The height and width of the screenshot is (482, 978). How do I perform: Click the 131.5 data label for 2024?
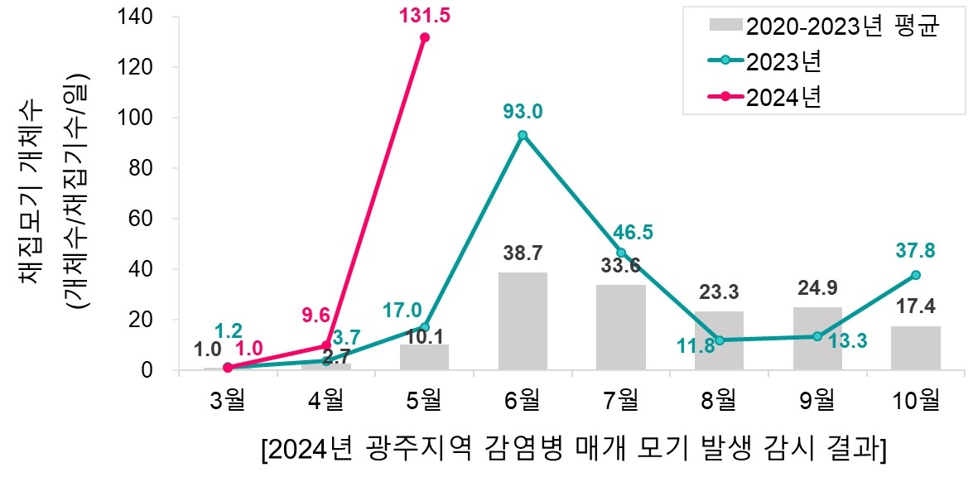(x=424, y=17)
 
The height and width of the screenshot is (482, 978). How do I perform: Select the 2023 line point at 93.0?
(x=523, y=135)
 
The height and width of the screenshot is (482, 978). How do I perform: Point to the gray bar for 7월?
(x=621, y=327)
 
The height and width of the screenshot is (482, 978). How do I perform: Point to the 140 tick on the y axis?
(x=143, y=17)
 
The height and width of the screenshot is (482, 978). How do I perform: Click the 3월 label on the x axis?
(x=228, y=402)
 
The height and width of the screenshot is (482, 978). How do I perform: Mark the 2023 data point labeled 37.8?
(x=916, y=275)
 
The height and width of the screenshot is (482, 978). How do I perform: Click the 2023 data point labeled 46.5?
(x=621, y=253)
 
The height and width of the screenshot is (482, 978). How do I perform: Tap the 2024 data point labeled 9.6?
(x=325, y=345)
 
